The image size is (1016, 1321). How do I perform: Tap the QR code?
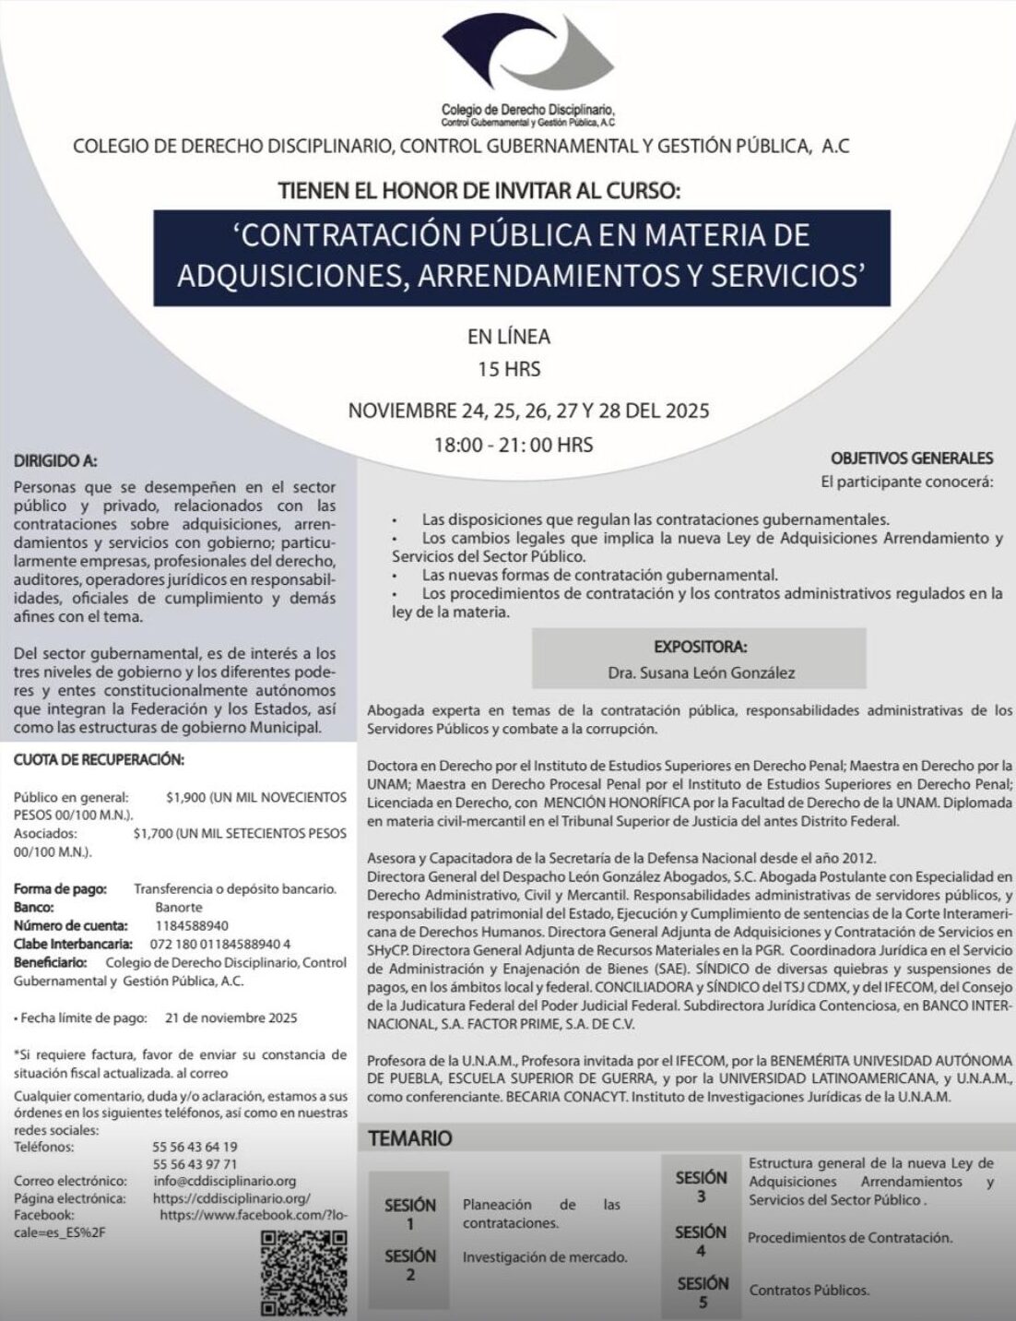click(303, 1274)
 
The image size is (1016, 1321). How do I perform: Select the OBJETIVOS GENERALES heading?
click(911, 458)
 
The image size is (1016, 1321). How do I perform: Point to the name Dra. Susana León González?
click(701, 672)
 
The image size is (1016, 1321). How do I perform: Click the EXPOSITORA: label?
click(701, 647)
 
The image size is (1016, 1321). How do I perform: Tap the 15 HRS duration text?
click(508, 369)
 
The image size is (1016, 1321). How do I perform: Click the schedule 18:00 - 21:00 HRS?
click(514, 445)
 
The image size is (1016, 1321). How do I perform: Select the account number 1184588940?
click(192, 925)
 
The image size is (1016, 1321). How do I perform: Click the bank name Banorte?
click(179, 907)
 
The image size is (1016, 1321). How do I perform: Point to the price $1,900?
click(186, 797)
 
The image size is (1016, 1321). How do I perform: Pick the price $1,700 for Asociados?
click(153, 834)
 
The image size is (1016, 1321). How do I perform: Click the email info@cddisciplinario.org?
click(225, 1181)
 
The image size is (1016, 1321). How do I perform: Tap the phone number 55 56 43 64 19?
click(195, 1148)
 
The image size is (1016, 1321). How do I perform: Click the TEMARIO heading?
click(410, 1138)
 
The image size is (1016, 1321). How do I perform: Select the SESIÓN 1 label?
click(409, 1214)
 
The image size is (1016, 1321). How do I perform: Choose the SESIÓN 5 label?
click(703, 1291)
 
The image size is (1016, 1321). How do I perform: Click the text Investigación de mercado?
click(545, 1257)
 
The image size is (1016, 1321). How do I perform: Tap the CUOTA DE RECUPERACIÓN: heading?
click(99, 760)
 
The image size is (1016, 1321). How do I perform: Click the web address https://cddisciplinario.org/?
click(230, 1198)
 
